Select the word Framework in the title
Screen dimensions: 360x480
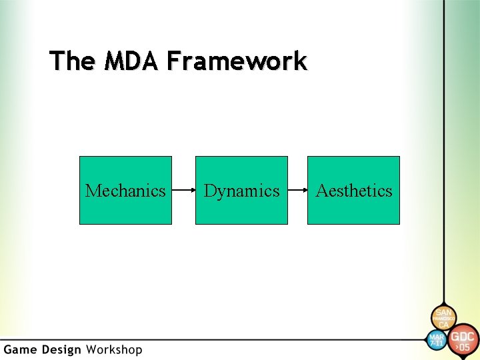[x=237, y=61]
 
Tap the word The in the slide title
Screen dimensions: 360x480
[x=72, y=61]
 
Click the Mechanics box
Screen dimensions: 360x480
[x=125, y=191]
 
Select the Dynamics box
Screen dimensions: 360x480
[x=241, y=191]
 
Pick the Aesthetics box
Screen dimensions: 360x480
[x=353, y=191]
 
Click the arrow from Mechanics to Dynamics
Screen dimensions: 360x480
[x=183, y=191]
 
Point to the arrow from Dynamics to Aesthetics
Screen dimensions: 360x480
[x=297, y=191]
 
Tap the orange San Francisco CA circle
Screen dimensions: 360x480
[x=443, y=319]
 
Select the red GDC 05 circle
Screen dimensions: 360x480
[x=463, y=340]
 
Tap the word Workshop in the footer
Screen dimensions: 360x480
[x=114, y=350]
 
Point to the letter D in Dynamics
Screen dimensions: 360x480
[x=210, y=191]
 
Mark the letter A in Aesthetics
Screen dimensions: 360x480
[x=322, y=191]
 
